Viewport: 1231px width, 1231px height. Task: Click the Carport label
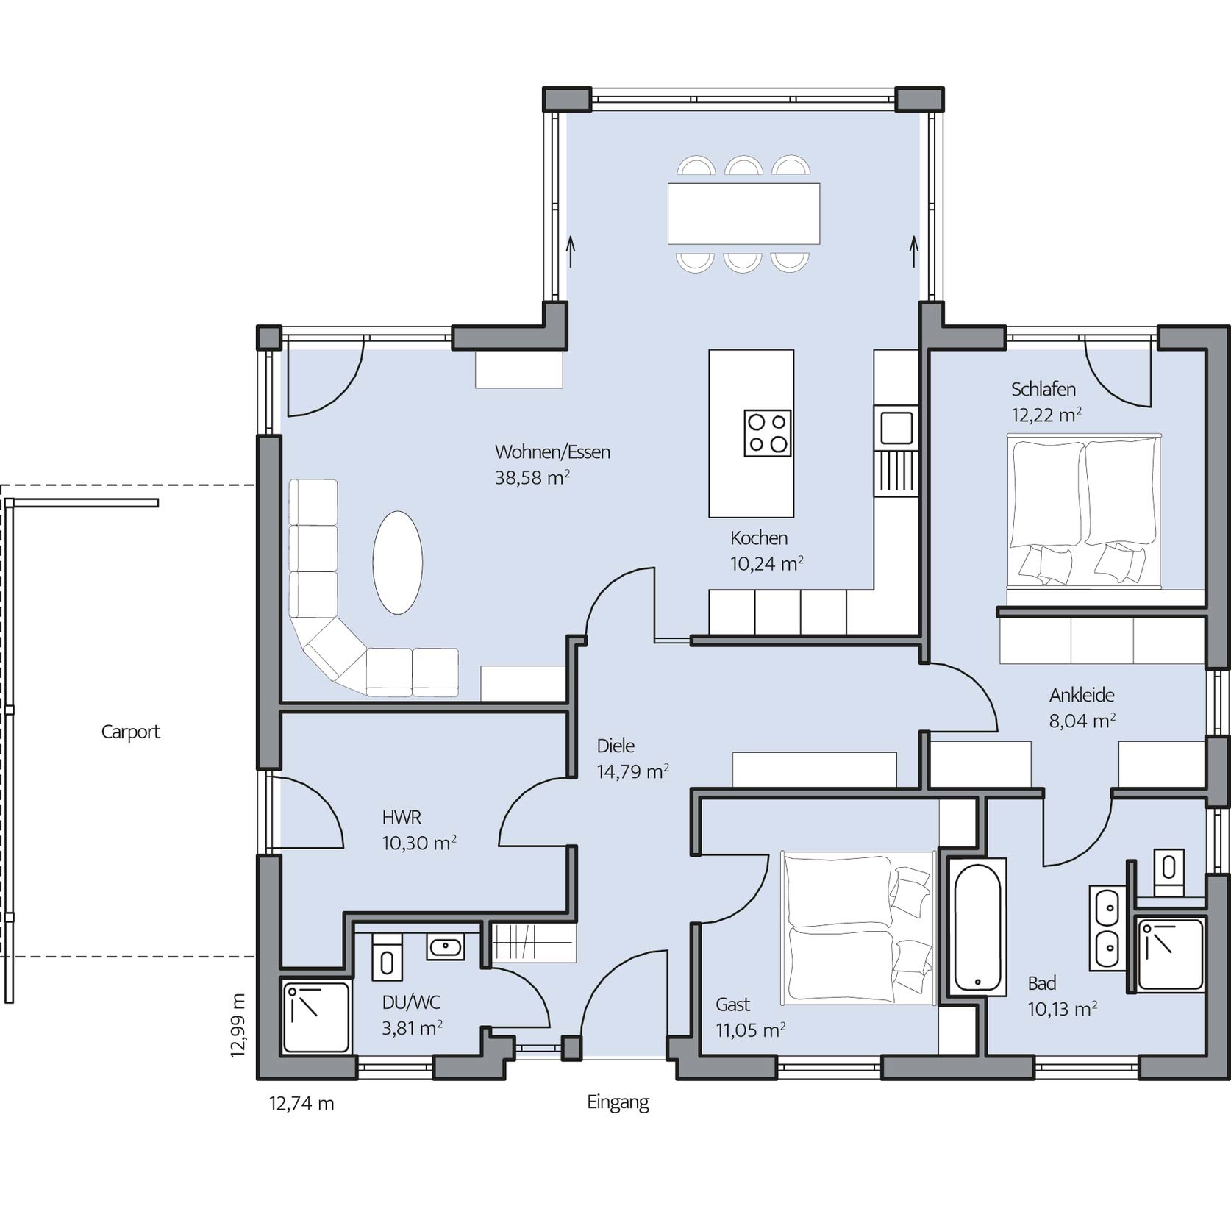[x=130, y=732]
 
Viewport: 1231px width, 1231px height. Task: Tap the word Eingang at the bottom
[x=618, y=1102]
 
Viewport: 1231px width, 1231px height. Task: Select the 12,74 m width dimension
[x=301, y=1104]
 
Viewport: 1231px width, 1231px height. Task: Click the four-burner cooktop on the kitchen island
[x=767, y=433]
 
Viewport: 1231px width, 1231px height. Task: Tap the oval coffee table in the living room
[x=398, y=563]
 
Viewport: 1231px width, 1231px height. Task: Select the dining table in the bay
[x=743, y=213]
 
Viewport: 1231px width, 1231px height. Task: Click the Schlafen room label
[x=1043, y=389]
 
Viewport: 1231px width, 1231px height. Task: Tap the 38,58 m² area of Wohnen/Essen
[x=532, y=477]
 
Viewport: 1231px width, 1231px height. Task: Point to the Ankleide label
[x=1082, y=695]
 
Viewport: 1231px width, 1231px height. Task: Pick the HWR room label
[x=402, y=817]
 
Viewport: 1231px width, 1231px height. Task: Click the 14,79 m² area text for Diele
[x=632, y=771]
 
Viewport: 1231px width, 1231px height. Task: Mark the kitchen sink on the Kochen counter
[x=896, y=427]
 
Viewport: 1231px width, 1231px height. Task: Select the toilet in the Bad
[x=1168, y=873]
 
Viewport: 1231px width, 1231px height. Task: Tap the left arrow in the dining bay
[x=571, y=252]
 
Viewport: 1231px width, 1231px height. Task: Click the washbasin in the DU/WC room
[x=445, y=947]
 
